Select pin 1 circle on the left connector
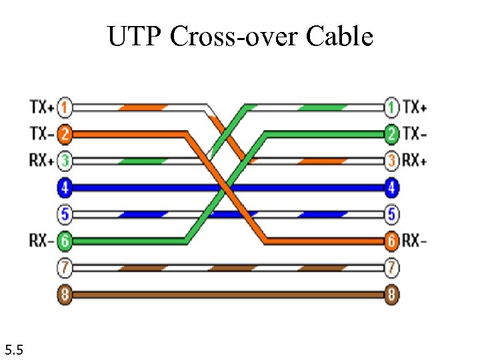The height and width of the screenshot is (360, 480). tap(65, 107)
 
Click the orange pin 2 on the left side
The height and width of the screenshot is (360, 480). tap(65, 133)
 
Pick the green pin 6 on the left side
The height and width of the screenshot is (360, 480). tap(65, 241)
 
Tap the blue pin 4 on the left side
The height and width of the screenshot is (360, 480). tap(65, 188)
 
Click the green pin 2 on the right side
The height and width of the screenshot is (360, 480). tap(392, 133)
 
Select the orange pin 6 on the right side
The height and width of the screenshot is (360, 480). tap(392, 241)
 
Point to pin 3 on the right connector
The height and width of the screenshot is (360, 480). tap(392, 161)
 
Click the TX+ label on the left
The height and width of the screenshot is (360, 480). tap(42, 107)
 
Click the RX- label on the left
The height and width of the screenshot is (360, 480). tap(42, 241)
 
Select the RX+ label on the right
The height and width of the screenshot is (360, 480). tap(415, 161)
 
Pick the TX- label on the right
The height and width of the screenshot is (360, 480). tap(415, 133)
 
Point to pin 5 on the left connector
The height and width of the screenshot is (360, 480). tap(65, 215)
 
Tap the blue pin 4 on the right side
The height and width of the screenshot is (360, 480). tap(392, 188)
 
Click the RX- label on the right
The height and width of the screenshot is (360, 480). tap(415, 241)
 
